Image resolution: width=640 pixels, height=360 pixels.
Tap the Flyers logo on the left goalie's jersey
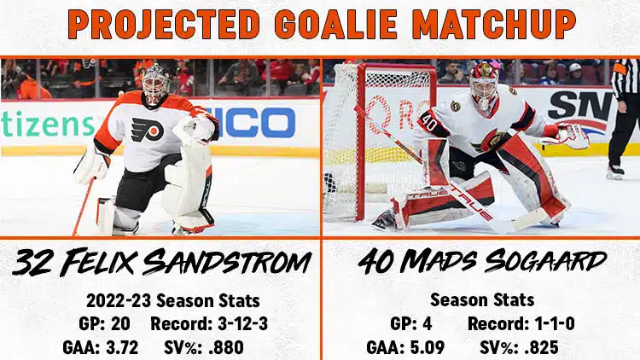pos(147,130)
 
